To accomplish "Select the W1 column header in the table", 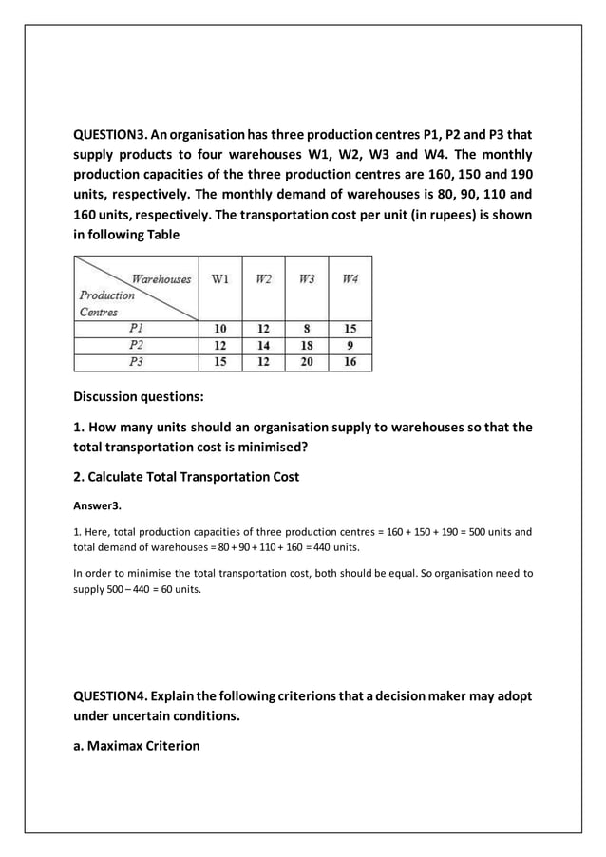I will [220, 279].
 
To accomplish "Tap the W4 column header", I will [350, 279].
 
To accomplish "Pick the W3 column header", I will [307, 279].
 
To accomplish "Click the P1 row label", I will [136, 329].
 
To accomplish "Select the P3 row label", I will [136, 362].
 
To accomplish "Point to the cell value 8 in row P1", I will [307, 329].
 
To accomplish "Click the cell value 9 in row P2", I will [350, 345].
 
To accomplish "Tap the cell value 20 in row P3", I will [307, 362].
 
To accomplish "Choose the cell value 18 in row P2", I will [307, 345].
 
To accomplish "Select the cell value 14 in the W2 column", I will [263, 345].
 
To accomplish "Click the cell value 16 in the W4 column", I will [350, 362].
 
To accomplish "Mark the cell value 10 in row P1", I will [220, 329].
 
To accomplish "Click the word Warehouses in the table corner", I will [161, 279].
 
